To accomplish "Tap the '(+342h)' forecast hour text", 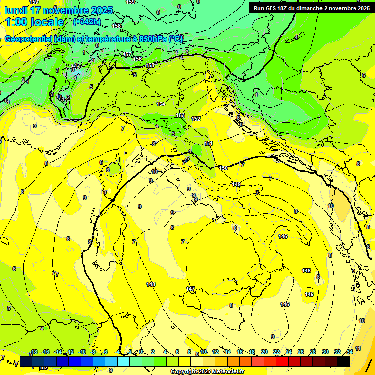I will tap(86, 21).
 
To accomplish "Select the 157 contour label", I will tap(127, 55).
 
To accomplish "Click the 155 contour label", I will tap(150, 65).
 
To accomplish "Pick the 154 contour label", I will tap(161, 104).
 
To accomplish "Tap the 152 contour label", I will tap(196, 119).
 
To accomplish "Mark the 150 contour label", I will tap(223, 168).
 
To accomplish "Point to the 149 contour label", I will tap(236, 184).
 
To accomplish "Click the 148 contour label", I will tap(151, 284).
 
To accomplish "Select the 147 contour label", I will tap(190, 289).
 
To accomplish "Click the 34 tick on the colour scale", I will tap(350, 352).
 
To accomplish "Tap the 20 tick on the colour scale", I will tap(264, 352).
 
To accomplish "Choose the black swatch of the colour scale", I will tap(343, 361).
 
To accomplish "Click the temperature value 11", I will tap(358, 348).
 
